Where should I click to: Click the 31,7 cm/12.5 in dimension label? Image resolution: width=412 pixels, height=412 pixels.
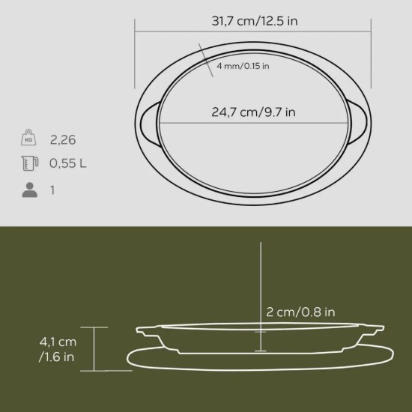(x=254, y=21)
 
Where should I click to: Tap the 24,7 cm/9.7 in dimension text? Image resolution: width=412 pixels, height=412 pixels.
(x=253, y=113)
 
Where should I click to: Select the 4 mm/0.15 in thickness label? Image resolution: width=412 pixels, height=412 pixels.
(x=243, y=66)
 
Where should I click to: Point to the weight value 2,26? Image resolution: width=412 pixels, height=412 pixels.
(x=63, y=140)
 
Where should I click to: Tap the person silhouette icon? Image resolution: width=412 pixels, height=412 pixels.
(x=29, y=190)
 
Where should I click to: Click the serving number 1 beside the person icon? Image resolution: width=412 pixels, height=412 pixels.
(x=53, y=190)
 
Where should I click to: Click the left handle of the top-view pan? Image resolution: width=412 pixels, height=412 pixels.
(x=147, y=121)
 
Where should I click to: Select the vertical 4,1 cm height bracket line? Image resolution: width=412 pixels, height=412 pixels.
(x=94, y=348)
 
